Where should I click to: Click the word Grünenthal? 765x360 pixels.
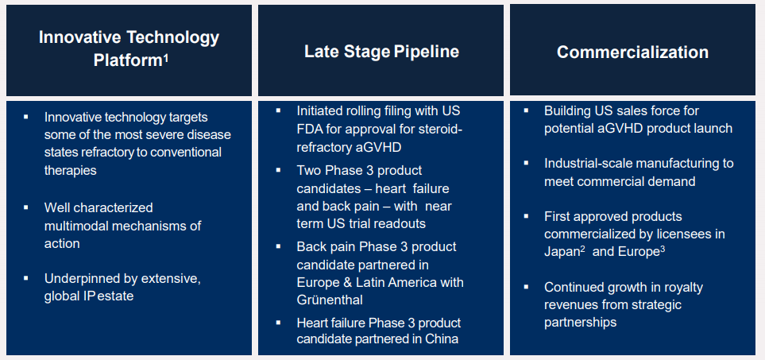pos(330,300)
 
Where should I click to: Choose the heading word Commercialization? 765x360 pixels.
pos(632,52)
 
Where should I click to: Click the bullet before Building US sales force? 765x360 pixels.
pos(526,110)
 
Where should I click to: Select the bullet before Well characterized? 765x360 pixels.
pos(26,207)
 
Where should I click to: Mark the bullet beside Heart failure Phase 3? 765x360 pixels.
pos(278,322)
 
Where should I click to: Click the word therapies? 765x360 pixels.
pos(70,170)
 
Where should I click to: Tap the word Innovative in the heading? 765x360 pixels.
pos(79,37)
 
